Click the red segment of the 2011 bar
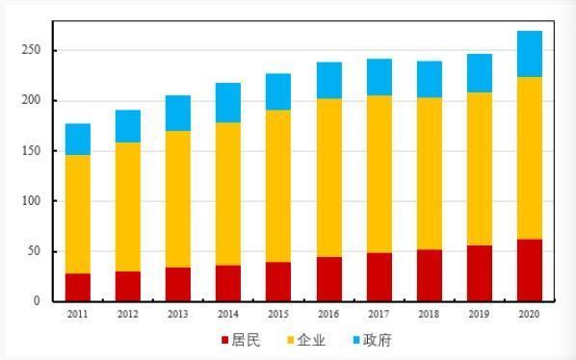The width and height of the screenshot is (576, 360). pos(78,287)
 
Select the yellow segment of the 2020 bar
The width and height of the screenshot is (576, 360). pos(529,158)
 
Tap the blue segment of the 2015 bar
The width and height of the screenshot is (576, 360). pos(278,91)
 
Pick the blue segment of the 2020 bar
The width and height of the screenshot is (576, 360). pos(529,54)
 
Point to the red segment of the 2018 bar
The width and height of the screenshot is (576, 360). pos(429,275)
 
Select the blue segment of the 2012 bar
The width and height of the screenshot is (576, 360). pos(128,126)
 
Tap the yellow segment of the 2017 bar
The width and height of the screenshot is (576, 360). pos(379,174)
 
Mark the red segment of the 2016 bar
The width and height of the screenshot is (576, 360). pos(328,279)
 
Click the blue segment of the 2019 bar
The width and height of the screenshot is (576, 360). pos(479,73)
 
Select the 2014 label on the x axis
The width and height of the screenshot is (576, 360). pos(228,314)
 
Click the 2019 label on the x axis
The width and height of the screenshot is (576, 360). pos(479,314)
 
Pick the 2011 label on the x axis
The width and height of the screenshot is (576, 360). pos(78,314)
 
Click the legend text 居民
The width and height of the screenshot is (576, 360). pos(245,340)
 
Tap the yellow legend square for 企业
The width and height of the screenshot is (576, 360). pos(290,341)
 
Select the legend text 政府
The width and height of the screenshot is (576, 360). pos(378,340)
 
